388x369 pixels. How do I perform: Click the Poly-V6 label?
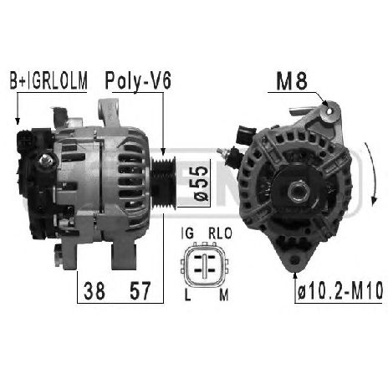click(138, 80)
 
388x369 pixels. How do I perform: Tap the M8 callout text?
click(292, 81)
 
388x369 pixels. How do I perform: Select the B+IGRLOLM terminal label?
click(48, 80)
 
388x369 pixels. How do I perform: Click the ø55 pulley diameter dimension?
click(202, 183)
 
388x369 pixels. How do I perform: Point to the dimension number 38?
click(94, 290)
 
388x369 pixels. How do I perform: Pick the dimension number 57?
click(140, 290)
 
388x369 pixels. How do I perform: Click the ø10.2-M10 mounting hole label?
click(340, 290)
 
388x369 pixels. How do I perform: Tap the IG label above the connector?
click(187, 233)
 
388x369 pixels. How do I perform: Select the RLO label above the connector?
click(220, 233)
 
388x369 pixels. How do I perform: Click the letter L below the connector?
click(188, 295)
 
